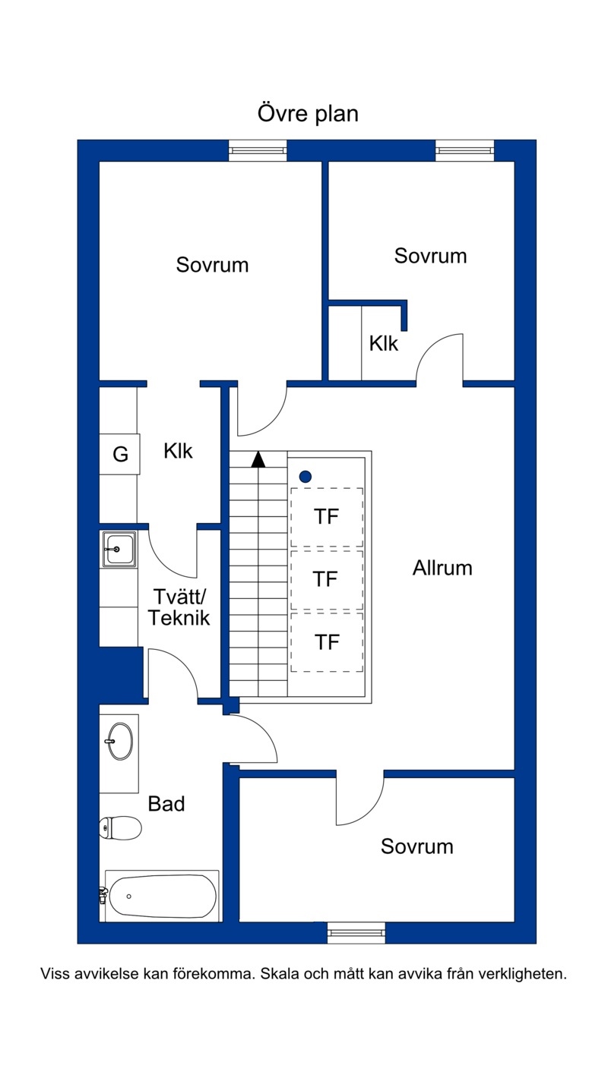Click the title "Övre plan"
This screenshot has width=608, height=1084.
(x=308, y=114)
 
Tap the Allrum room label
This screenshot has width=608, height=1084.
(x=442, y=568)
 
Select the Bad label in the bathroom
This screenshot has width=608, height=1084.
(x=166, y=803)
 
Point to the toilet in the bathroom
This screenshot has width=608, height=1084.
(x=120, y=827)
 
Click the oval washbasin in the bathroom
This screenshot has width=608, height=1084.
(x=119, y=741)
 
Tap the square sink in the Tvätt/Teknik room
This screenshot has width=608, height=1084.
(x=119, y=549)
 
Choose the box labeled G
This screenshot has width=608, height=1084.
(x=119, y=454)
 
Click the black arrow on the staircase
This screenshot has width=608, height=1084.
(x=258, y=459)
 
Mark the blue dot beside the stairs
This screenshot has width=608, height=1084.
(x=305, y=477)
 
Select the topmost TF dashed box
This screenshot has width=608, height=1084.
(x=327, y=517)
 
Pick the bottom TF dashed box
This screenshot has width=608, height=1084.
(x=327, y=642)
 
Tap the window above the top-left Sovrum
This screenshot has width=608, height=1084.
(x=258, y=150)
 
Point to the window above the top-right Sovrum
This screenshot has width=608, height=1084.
(x=465, y=150)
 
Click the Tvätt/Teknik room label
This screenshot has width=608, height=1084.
(x=179, y=607)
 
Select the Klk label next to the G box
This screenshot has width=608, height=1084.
(x=178, y=451)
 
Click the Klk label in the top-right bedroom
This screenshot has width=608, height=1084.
(x=384, y=344)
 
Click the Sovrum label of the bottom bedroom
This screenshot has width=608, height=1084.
(x=417, y=846)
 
